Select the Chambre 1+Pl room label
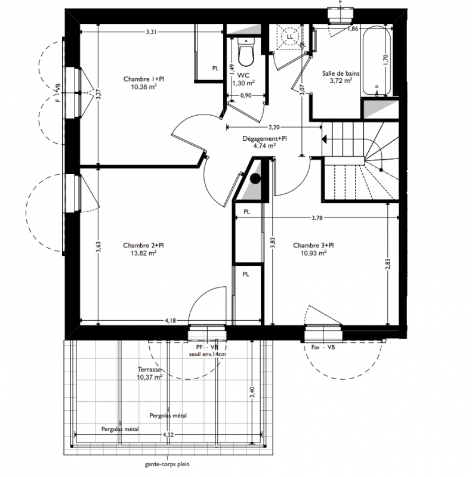click(x=144, y=79)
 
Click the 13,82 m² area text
click(x=144, y=253)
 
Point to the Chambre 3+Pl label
click(x=313, y=245)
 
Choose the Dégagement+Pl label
click(x=264, y=138)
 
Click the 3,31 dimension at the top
click(x=152, y=32)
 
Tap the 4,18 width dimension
click(x=171, y=320)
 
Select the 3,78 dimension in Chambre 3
click(x=317, y=218)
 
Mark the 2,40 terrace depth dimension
click(x=252, y=392)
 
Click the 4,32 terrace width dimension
click(x=168, y=435)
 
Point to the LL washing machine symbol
click(x=289, y=37)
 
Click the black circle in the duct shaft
click(x=255, y=178)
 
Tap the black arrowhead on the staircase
click(x=324, y=140)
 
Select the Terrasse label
click(x=149, y=370)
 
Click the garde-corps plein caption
click(x=167, y=464)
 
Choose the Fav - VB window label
click(x=323, y=347)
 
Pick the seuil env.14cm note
click(x=208, y=354)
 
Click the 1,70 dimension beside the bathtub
click(x=385, y=60)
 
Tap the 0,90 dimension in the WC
click(x=246, y=95)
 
